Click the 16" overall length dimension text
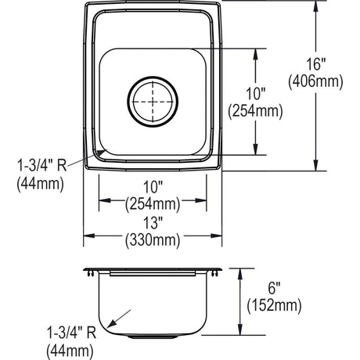pyautogui.click(x=315, y=64)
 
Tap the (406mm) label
pyautogui.click(x=315, y=82)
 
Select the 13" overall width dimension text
pyautogui.click(x=153, y=223)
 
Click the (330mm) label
pyautogui.click(x=153, y=240)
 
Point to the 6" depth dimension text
pyautogui.click(x=274, y=288)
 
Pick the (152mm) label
pyautogui.click(x=274, y=305)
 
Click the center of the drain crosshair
pyautogui.click(x=153, y=102)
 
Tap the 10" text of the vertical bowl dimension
pyautogui.click(x=256, y=93)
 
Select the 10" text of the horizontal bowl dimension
pyautogui.click(x=153, y=187)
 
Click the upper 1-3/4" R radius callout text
pyautogui.click(x=42, y=165)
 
